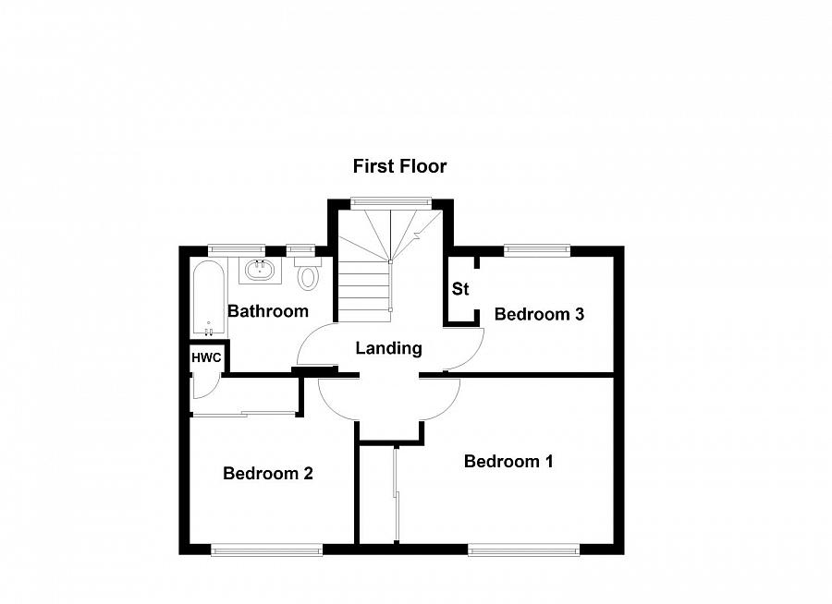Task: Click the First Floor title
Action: (399, 166)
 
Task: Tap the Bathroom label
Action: (267, 311)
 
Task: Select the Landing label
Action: (389, 348)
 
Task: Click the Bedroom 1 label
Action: (508, 461)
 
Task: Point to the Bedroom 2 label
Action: (267, 474)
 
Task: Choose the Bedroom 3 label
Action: (539, 314)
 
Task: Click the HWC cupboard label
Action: (205, 356)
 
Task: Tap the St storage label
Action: (460, 289)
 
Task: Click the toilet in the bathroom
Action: (308, 274)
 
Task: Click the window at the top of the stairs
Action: (391, 201)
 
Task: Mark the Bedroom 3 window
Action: (537, 248)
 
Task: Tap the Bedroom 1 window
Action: (524, 550)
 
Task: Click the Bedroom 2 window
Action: (266, 550)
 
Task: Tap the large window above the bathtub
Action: (236, 248)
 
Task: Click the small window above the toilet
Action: (300, 248)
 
